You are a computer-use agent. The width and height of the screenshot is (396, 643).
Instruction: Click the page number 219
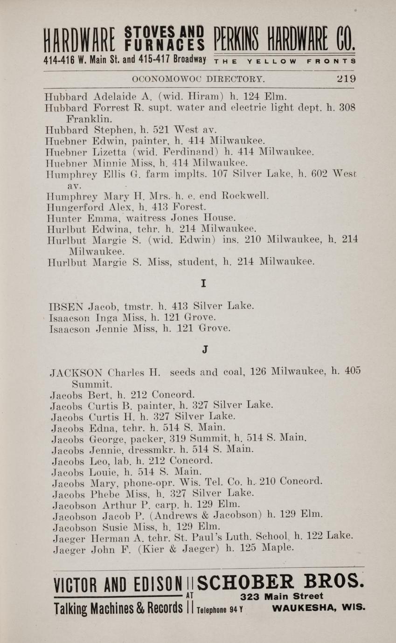[346, 79]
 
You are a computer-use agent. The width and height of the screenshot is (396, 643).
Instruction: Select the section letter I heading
[203, 283]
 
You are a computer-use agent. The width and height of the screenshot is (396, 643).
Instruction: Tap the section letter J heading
[205, 351]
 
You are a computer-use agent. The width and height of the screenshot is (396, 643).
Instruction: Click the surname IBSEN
[66, 306]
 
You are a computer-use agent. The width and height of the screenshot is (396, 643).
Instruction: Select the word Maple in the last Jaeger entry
[279, 548]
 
